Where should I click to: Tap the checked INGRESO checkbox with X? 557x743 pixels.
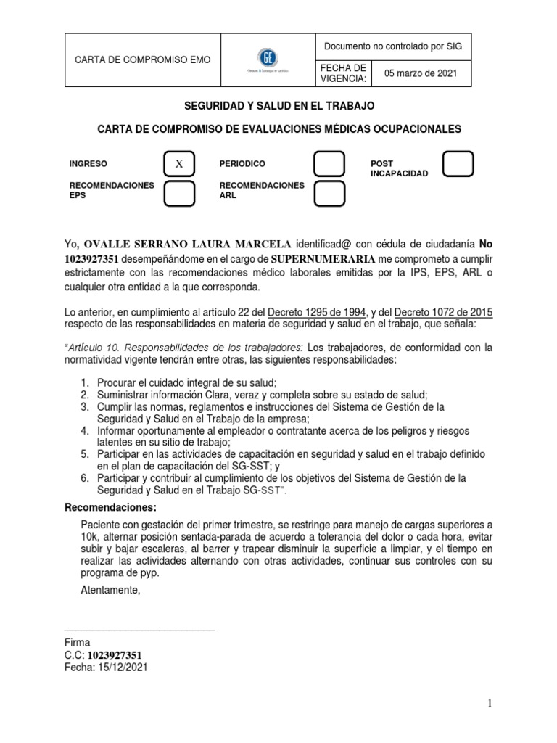(x=179, y=165)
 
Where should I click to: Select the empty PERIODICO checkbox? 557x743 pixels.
(x=329, y=165)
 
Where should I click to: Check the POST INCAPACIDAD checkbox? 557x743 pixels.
(x=458, y=165)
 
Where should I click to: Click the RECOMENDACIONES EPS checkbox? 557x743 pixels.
(x=179, y=194)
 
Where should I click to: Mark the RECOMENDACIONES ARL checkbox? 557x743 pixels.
(x=329, y=194)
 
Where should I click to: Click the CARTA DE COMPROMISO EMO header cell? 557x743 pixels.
(x=144, y=59)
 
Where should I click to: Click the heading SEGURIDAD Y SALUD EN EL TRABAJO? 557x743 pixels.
(x=279, y=106)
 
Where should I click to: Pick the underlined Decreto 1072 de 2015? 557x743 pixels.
(x=443, y=312)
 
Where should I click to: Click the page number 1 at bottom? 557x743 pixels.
(x=490, y=704)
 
